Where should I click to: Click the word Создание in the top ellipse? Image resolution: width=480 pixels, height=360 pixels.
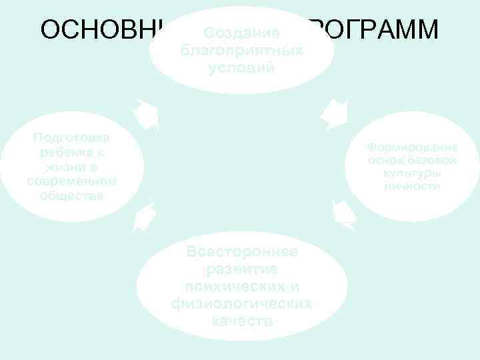241,33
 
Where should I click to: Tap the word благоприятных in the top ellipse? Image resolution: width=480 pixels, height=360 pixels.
241,51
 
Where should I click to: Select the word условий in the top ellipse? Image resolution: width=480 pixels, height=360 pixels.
241,68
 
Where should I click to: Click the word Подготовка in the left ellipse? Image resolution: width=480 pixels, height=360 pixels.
72,137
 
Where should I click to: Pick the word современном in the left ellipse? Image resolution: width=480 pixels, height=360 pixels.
72,181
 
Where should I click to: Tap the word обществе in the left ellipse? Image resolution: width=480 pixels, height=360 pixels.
72,196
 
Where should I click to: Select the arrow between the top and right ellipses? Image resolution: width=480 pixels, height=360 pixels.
333,113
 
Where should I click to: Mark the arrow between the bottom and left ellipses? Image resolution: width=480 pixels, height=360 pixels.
145,217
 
